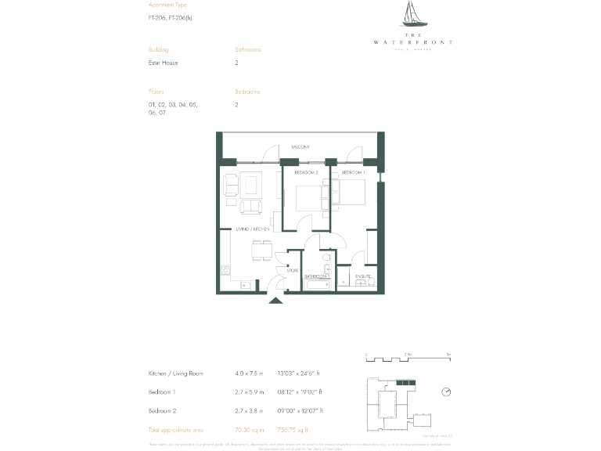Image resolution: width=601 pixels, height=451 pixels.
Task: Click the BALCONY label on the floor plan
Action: pos(300,147)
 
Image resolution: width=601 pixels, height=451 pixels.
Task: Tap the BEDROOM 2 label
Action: pos(305,171)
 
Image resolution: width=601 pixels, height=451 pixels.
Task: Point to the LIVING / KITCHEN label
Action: pos(253,229)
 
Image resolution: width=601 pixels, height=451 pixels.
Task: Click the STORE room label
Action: pos(293,271)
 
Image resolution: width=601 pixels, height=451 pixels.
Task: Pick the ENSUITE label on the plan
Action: pos(364,276)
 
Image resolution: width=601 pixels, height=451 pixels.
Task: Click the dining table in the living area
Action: pos(261,251)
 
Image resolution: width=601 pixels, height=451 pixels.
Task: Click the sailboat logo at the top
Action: pos(412,15)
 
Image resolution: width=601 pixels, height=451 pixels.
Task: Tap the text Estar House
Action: pos(163,63)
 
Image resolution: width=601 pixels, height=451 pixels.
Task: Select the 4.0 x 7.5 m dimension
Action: pos(250,373)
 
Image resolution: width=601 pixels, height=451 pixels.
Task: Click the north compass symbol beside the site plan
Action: pos(446,391)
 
